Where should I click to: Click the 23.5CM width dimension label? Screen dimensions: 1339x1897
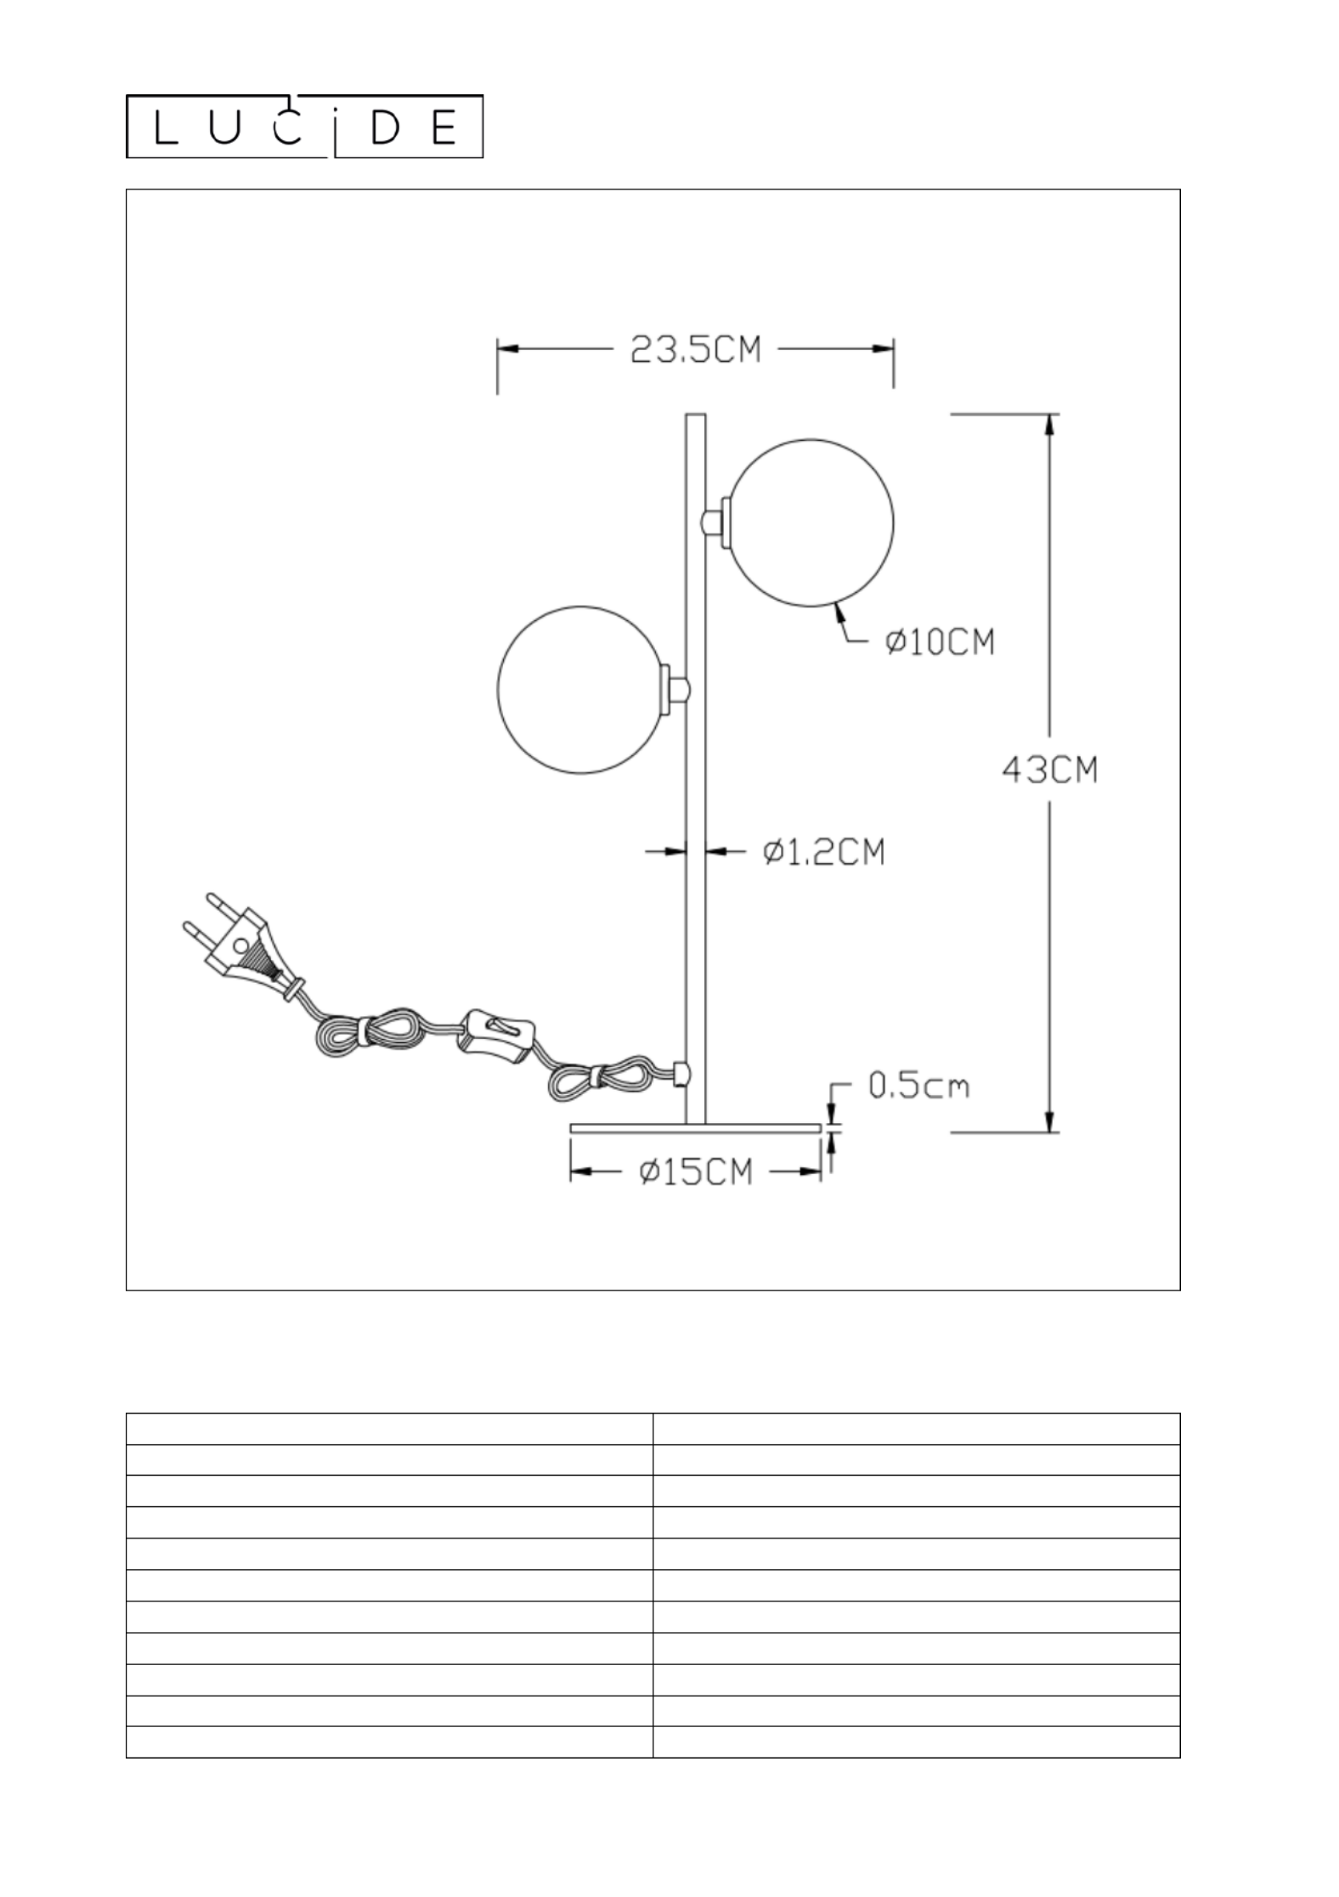tap(696, 350)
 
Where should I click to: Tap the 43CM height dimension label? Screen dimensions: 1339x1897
tap(1050, 771)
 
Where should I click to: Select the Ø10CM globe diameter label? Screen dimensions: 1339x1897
tap(939, 642)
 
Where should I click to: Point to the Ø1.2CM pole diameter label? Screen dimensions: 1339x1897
tap(823, 851)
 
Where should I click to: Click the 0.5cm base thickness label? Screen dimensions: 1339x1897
tap(918, 1086)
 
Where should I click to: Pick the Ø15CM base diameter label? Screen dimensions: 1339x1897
tap(696, 1172)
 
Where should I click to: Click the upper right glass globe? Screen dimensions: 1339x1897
tap(811, 522)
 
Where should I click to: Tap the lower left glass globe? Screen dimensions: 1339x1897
tap(581, 690)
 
